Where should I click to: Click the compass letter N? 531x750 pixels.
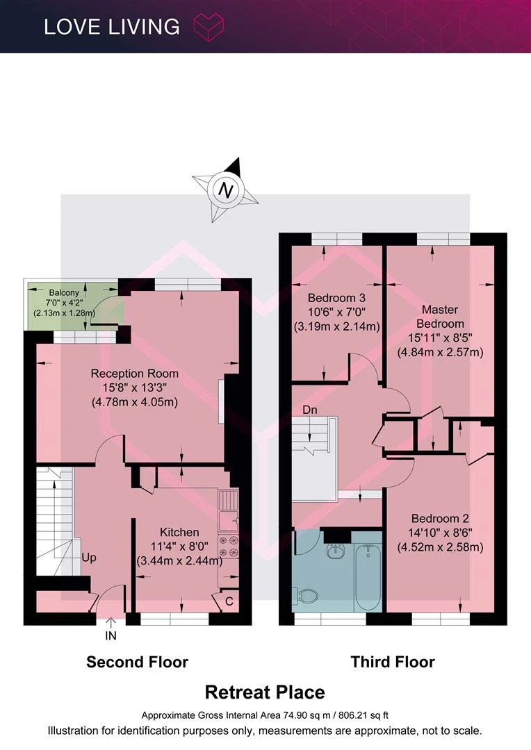pyautogui.click(x=225, y=190)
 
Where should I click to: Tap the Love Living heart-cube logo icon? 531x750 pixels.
pyautogui.click(x=209, y=26)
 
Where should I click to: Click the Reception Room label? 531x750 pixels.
pyautogui.click(x=135, y=374)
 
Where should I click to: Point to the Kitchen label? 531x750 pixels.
pyautogui.click(x=179, y=532)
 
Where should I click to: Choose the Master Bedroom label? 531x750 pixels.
pyautogui.click(x=440, y=317)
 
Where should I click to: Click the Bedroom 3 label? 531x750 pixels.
pyautogui.click(x=336, y=298)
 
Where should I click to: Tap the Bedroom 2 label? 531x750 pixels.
pyautogui.click(x=440, y=519)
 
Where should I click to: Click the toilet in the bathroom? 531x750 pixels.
pyautogui.click(x=307, y=596)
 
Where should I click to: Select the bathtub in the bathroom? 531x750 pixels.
pyautogui.click(x=368, y=578)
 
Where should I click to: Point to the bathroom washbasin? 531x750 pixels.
pyautogui.click(x=336, y=551)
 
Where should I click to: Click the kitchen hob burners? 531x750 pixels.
pyautogui.click(x=229, y=547)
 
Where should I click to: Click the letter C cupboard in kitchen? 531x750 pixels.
pyautogui.click(x=229, y=601)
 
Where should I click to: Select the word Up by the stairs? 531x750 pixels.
pyautogui.click(x=89, y=558)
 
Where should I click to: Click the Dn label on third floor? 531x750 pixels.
pyautogui.click(x=310, y=410)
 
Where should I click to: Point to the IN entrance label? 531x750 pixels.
pyautogui.click(x=111, y=635)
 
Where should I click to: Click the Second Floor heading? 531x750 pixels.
pyautogui.click(x=138, y=662)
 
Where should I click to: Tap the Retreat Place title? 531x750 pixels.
pyautogui.click(x=265, y=692)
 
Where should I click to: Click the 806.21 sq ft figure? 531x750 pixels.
pyautogui.click(x=363, y=715)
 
